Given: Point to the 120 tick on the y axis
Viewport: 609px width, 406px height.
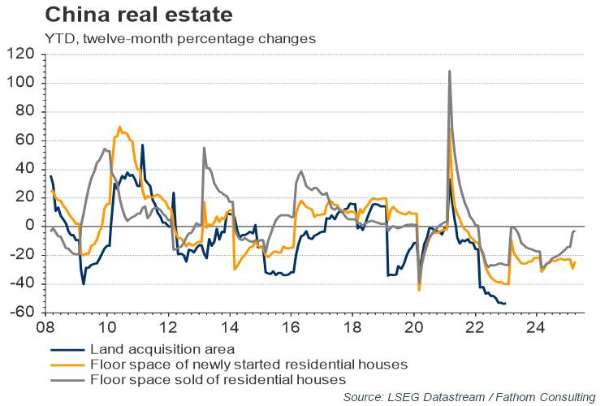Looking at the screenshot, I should point(23,54).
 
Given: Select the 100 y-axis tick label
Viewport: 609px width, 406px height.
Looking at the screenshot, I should point(23,83).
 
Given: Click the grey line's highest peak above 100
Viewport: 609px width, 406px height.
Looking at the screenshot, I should point(449,71).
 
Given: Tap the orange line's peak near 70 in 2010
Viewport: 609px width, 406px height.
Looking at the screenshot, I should point(119,127).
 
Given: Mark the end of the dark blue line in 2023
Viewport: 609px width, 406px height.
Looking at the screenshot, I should point(505,304).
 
